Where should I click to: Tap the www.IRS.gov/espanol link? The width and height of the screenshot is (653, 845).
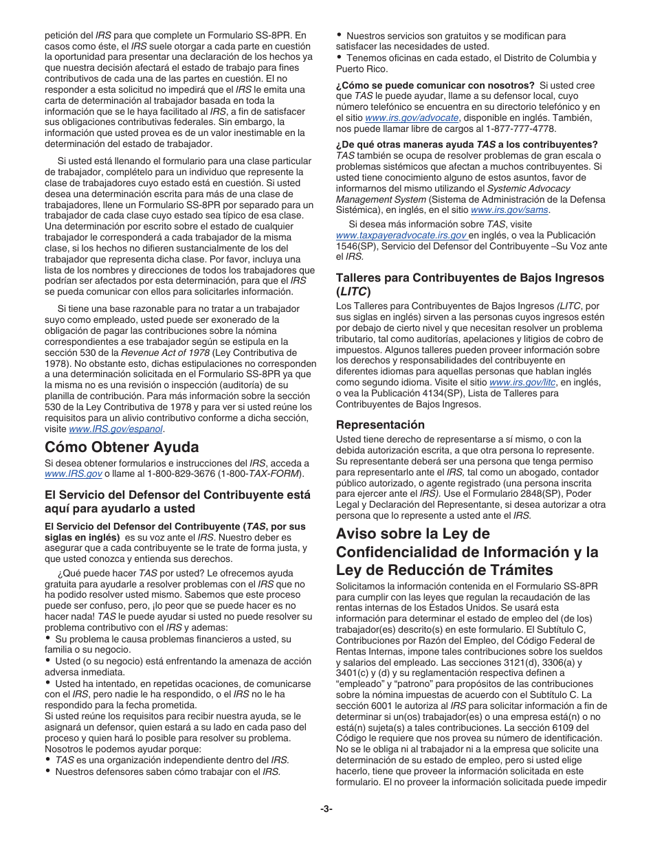[115, 429]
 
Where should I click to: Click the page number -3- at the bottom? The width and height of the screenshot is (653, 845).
[326, 809]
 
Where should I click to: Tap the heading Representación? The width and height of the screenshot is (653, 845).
[380, 425]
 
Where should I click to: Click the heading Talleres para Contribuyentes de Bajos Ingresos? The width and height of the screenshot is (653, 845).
[469, 278]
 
